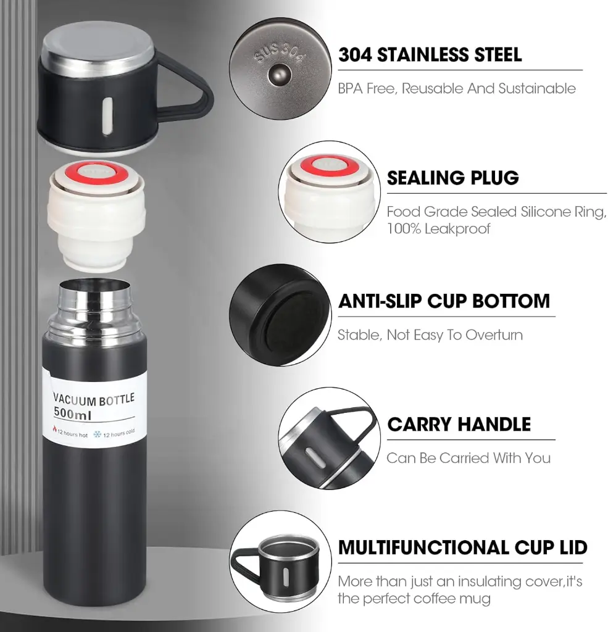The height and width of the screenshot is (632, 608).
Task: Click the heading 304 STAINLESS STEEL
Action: pyautogui.click(x=430, y=55)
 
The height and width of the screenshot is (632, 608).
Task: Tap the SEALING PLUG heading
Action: pyautogui.click(x=453, y=178)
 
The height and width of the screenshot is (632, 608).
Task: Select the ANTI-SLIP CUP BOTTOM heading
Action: pyautogui.click(x=444, y=301)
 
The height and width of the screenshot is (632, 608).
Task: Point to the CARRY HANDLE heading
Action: pyautogui.click(x=459, y=425)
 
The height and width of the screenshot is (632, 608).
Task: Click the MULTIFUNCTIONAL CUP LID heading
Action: pyautogui.click(x=463, y=547)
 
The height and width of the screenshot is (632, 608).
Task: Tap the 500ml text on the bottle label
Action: pyautogui.click(x=73, y=413)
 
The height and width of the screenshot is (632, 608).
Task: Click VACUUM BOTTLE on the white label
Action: pyautogui.click(x=94, y=399)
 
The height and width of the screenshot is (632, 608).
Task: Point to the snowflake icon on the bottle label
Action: pyautogui.click(x=97, y=434)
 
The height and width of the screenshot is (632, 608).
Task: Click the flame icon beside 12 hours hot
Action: pyautogui.click(x=54, y=428)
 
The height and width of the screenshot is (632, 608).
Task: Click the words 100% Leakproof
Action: pyautogui.click(x=438, y=228)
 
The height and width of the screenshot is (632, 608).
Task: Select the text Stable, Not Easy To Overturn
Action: pyautogui.click(x=430, y=335)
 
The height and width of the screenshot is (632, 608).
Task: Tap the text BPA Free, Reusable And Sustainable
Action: pyautogui.click(x=457, y=88)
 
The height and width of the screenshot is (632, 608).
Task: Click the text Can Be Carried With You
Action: pyautogui.click(x=468, y=458)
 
